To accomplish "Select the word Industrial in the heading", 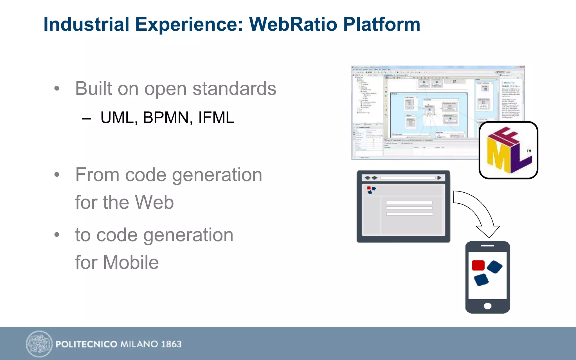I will point(86,24).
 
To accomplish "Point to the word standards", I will point(234,89).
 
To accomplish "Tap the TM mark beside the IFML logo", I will point(529,151).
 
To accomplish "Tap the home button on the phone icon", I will point(487,306).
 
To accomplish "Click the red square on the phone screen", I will point(478,265).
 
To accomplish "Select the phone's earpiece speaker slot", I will point(487,246).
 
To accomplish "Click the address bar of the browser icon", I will point(408,178).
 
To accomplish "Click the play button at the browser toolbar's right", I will point(439,178).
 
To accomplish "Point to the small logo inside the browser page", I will point(371,190).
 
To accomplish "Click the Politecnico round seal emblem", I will point(39,344).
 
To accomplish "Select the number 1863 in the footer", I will point(171,344).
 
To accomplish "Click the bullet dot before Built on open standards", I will point(57,89).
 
